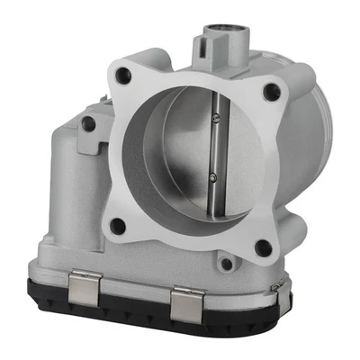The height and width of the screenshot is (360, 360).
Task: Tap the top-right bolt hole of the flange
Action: [x=271, y=89]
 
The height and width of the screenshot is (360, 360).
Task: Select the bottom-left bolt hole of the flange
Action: [x=116, y=226]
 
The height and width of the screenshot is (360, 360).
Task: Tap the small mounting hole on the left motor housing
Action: [x=87, y=125]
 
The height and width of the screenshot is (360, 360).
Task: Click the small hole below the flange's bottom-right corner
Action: [x=226, y=264]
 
